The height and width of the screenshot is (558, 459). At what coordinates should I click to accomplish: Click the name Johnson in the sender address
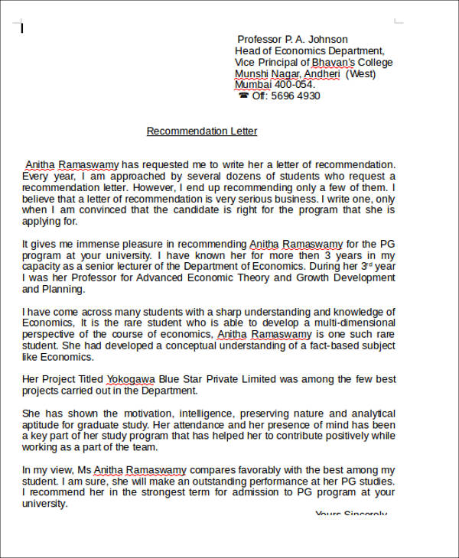pyautogui.click(x=327, y=40)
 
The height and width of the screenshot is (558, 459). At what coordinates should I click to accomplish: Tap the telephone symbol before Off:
pyautogui.click(x=243, y=96)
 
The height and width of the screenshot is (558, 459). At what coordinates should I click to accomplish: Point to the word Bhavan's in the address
pyautogui.click(x=334, y=63)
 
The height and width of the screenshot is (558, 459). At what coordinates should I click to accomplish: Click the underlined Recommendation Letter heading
pyautogui.click(x=202, y=131)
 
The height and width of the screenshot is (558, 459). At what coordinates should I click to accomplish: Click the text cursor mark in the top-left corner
pyautogui.click(x=22, y=28)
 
